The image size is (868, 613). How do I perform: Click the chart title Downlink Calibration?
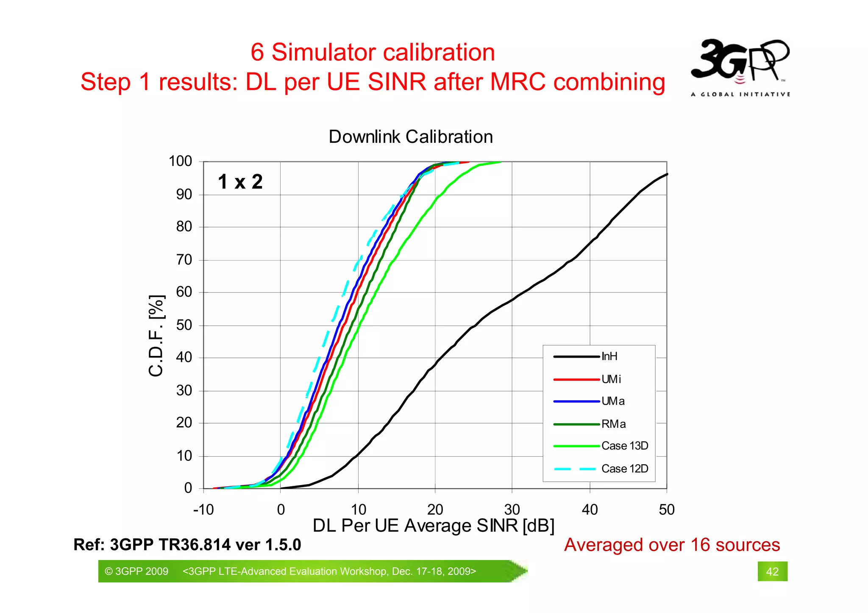[411, 137]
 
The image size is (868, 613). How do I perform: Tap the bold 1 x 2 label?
[240, 182]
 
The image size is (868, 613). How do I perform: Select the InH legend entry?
[609, 357]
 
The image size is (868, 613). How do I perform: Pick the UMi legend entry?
[611, 379]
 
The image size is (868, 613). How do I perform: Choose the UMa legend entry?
[612, 401]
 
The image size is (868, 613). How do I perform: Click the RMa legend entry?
[613, 424]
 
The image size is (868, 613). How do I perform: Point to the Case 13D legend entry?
[624, 446]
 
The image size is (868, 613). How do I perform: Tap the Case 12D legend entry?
[624, 469]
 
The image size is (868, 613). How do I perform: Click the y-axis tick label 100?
[181, 161]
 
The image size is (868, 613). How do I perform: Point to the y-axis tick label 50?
[184, 325]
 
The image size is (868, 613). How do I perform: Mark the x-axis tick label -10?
[203, 510]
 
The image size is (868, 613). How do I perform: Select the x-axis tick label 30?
[512, 510]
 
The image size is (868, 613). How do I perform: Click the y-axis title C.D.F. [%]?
[156, 336]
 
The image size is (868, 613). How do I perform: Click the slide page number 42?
[772, 572]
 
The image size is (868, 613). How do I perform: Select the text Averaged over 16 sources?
[672, 545]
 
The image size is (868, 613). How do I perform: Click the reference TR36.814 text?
[187, 545]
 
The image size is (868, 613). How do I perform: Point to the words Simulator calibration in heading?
[383, 53]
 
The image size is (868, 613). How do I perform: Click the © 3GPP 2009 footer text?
[136, 571]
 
